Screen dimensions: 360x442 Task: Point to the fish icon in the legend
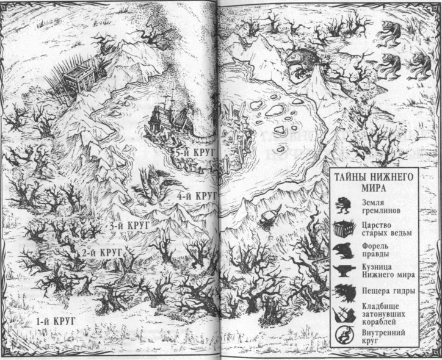coord(341,250)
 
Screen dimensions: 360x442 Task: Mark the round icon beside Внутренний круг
coord(341,337)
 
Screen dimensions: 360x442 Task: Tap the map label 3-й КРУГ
coord(130,226)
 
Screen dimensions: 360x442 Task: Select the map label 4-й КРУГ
coord(197,196)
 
